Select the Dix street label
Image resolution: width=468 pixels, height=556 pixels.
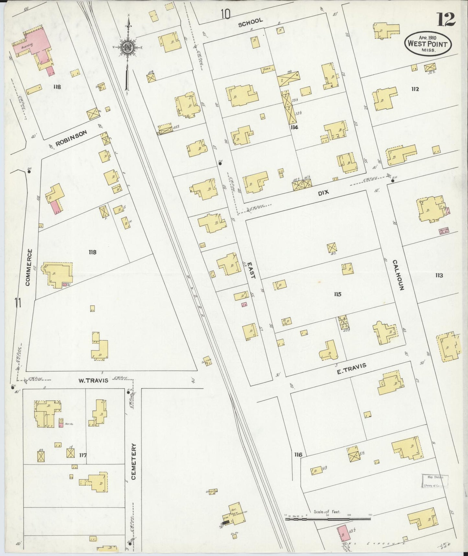click(323, 192)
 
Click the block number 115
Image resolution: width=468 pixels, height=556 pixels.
click(337, 294)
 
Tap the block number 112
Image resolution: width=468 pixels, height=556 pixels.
click(415, 89)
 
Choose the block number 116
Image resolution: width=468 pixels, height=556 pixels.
click(298, 454)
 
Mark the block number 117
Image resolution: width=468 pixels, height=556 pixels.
click(83, 455)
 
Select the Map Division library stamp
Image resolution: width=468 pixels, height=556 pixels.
click(435, 481)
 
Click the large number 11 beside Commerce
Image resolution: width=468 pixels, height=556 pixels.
click(18, 303)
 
